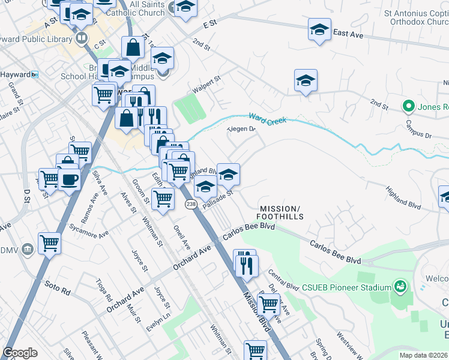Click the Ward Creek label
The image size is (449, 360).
coord(268,118)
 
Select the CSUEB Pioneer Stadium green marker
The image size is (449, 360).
coord(399,286)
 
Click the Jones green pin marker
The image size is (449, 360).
coord(409,107)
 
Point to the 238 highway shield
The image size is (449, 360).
coord(190,205)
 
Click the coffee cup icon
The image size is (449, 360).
coord(70,179)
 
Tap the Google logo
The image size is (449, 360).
coord(20,353)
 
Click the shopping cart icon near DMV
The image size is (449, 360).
coord(49,244)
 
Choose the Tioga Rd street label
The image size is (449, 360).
coord(103,290)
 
